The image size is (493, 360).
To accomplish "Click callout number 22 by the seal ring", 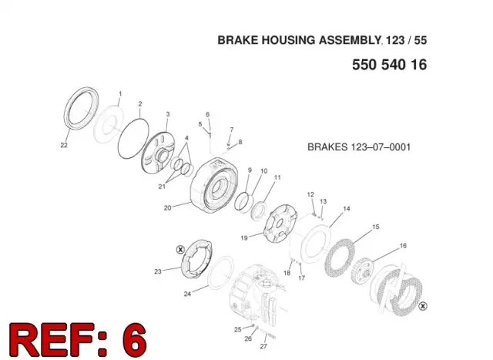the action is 64,145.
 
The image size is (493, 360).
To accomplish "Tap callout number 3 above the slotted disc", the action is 168,114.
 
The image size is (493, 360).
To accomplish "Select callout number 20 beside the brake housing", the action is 168,207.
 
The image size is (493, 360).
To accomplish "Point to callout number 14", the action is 347,208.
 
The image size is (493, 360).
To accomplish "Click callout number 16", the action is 403,245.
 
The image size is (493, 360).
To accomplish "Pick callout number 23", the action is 158,271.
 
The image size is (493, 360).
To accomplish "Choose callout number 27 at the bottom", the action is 263,346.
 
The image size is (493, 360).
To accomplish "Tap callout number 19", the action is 244,238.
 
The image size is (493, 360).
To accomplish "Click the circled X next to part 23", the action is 180,250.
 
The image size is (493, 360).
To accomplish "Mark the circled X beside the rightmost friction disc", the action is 423,305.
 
